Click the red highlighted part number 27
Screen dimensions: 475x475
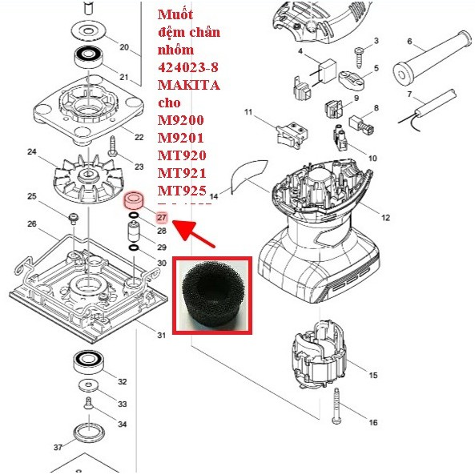click(161, 218)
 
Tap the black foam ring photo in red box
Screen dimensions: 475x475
click(212, 293)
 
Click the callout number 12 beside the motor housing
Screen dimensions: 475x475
click(385, 218)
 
